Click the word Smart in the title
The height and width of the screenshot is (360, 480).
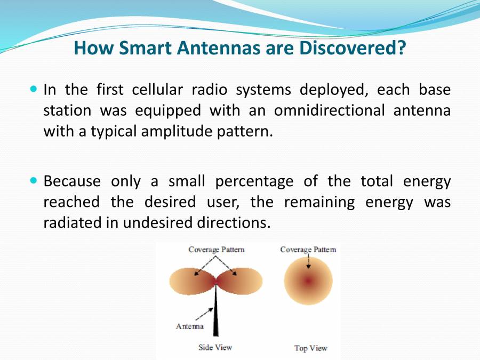[x=142, y=49]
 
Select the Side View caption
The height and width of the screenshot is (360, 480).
[x=215, y=347]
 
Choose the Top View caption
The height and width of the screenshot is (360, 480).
[x=310, y=348]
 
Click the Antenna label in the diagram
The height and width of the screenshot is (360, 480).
[x=189, y=326]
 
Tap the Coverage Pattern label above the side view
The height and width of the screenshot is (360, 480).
[x=216, y=250]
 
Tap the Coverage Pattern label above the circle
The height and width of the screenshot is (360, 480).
[x=308, y=250]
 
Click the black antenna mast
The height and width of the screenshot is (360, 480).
[x=216, y=315]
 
